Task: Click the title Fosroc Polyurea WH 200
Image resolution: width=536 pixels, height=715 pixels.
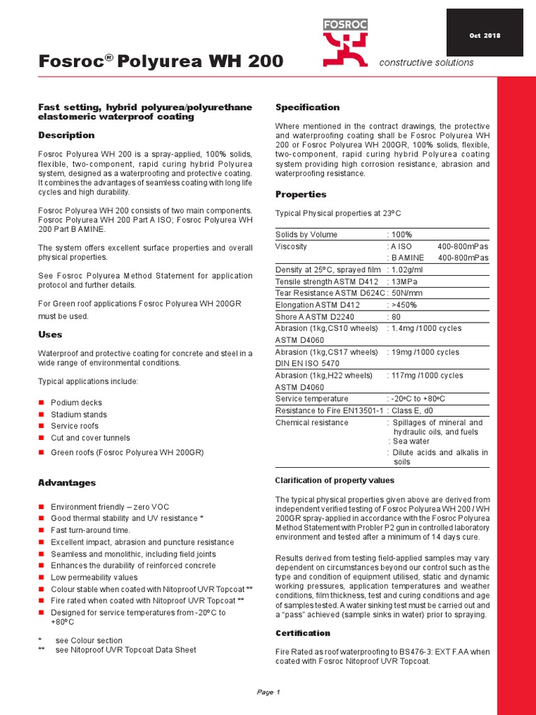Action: pyautogui.click(x=161, y=62)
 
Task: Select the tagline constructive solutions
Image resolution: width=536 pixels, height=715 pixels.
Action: pyautogui.click(x=426, y=63)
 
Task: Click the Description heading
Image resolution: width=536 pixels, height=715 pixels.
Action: pyautogui.click(x=66, y=135)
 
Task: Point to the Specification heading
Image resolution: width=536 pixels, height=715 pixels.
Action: pyautogui.click(x=307, y=107)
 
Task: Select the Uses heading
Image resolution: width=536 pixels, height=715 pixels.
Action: pyautogui.click(x=50, y=334)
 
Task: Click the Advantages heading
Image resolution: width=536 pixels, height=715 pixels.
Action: pyautogui.click(x=67, y=482)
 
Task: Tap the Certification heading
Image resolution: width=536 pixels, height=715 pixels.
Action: pyautogui.click(x=302, y=633)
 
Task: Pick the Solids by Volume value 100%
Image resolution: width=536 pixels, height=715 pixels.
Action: pyautogui.click(x=402, y=235)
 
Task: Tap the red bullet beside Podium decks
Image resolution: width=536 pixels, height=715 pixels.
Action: pyautogui.click(x=42, y=403)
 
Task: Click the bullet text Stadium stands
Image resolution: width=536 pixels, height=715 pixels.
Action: pyautogui.click(x=79, y=415)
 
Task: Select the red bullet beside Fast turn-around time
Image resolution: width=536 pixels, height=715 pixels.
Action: pyautogui.click(x=42, y=531)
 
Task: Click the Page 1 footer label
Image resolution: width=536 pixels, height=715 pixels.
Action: pyautogui.click(x=268, y=692)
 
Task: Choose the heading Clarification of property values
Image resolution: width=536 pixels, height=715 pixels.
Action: pyautogui.click(x=334, y=480)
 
